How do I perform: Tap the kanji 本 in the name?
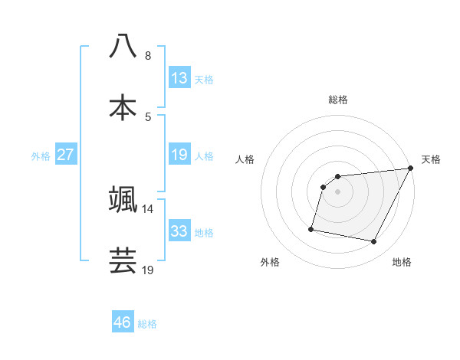123,106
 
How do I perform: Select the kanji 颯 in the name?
123,198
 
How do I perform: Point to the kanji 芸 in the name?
123,260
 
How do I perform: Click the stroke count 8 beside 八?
147,56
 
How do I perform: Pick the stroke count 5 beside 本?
147,117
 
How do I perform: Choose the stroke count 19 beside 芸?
147,270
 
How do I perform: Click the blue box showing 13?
179,78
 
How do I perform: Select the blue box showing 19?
179,155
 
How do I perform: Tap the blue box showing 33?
179,231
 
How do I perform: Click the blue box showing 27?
65,155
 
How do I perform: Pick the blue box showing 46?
123,322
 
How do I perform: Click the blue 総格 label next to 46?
147,324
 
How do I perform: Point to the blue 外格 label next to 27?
41,156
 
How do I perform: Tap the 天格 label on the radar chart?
431,159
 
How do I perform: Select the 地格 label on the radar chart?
402,263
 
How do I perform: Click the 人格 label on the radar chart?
245,159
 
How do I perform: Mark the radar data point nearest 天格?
411,169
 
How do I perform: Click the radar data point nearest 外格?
311,228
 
